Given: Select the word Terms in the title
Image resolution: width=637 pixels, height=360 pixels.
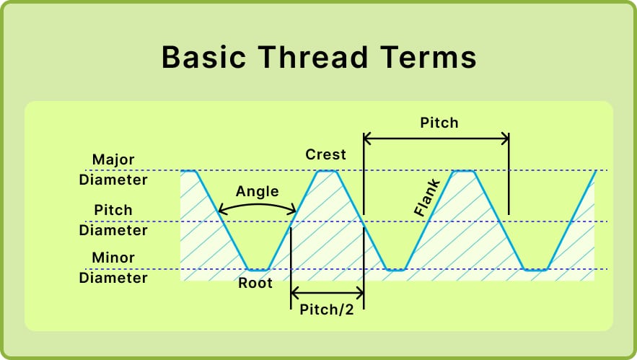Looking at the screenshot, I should point(431,57).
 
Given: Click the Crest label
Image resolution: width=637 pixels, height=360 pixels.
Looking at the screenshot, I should point(325,154).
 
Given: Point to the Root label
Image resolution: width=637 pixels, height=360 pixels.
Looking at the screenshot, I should point(255,283).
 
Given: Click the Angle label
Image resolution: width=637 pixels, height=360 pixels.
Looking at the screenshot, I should point(257,190).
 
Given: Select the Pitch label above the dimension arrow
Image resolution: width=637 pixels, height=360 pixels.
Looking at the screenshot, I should point(439,123).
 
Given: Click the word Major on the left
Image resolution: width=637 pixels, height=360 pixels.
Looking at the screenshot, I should point(113,159).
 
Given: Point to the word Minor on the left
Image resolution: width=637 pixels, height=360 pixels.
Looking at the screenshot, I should point(113,258).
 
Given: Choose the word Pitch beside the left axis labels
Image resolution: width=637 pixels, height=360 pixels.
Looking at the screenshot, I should point(113,210).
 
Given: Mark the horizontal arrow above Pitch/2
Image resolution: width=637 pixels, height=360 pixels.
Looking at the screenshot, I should point(327,293).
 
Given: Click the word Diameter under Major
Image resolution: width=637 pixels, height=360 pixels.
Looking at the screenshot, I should point(113,180).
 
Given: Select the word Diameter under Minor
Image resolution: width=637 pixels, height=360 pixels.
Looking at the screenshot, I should point(113,278).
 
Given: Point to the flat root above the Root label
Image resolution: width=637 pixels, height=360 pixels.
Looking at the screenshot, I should point(257,269).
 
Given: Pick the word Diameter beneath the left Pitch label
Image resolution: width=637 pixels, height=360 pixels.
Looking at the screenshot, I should point(113,230).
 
